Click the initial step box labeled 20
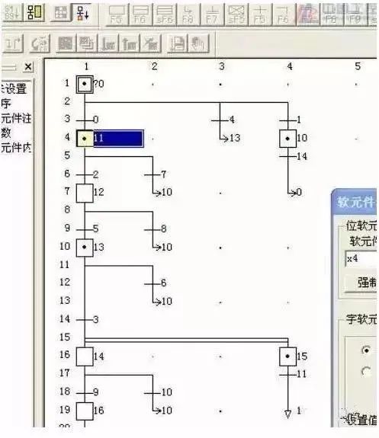pyautogui.click(x=85, y=84)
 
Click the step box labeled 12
pyautogui.click(x=85, y=192)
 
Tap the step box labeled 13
pyautogui.click(x=85, y=248)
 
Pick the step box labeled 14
pyautogui.click(x=85, y=356)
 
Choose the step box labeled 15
pyautogui.click(x=287, y=356)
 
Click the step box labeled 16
pyautogui.click(x=85, y=410)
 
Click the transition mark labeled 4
pyautogui.click(x=220, y=120)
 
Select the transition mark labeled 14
pyautogui.click(x=288, y=156)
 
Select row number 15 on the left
pyautogui.click(x=66, y=337)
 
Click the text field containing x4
pyautogui.click(x=358, y=259)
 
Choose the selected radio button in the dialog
pyautogui.click(x=367, y=350)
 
